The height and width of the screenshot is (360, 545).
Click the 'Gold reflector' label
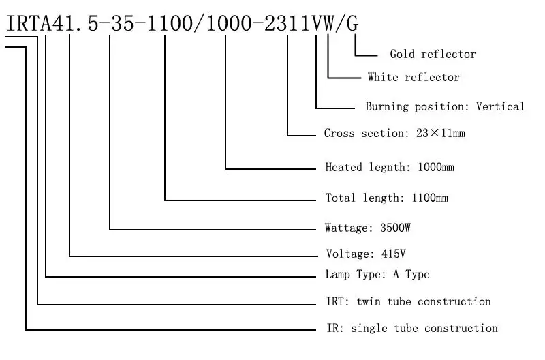(433, 54)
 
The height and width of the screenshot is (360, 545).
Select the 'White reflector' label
(414, 77)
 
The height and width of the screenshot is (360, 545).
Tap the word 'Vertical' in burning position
(500, 106)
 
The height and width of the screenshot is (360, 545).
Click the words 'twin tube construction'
(424, 301)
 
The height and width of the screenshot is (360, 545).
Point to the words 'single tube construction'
(424, 328)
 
